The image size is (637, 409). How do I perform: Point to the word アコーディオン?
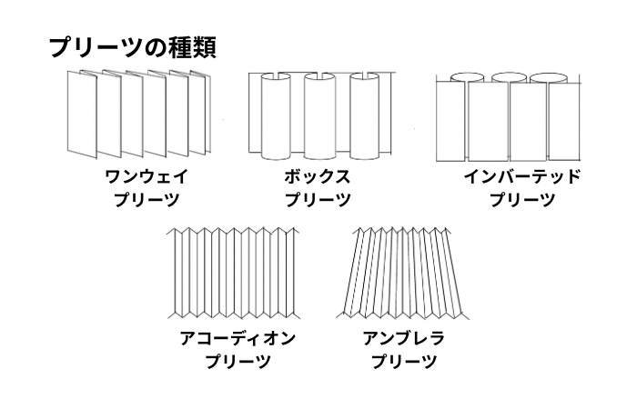(x=238, y=339)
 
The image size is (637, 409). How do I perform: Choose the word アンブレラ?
(x=403, y=339)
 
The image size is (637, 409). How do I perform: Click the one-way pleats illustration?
(x=138, y=111)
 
